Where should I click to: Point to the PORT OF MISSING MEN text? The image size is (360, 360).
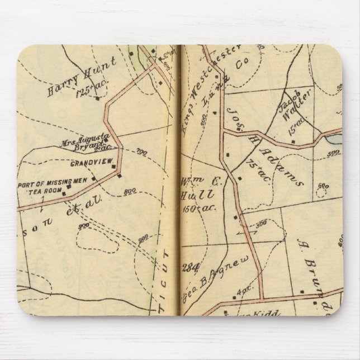point(53,181)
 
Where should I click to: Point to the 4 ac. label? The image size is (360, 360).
point(243,291)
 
